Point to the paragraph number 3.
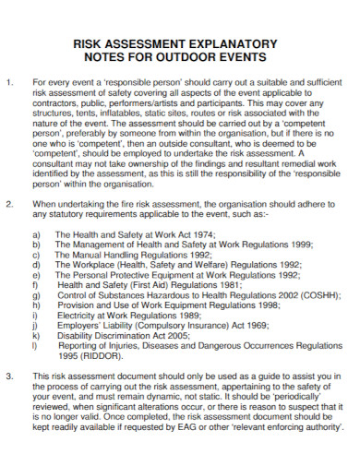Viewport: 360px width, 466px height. click(9, 377)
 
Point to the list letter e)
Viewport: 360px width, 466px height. click(35, 274)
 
